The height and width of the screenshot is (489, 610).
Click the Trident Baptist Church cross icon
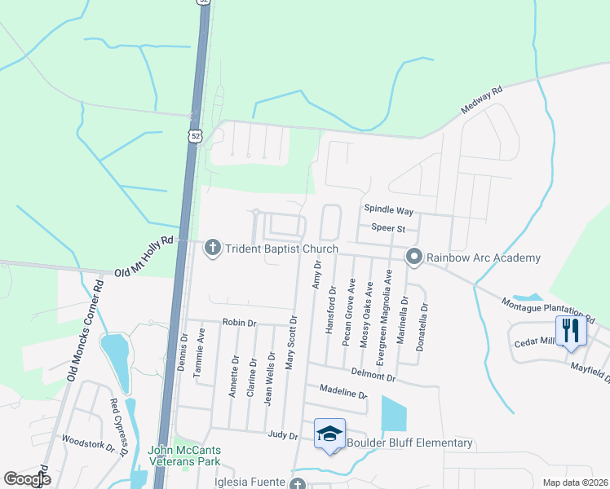(213, 248)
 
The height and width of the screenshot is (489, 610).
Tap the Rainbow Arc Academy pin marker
(414, 258)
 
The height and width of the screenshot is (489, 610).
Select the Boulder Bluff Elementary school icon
(330, 434)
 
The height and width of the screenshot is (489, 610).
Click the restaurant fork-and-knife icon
(571, 331)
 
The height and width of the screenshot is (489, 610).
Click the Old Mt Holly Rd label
(145, 257)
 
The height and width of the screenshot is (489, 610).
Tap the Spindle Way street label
(388, 210)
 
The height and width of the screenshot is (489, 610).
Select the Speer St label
(388, 228)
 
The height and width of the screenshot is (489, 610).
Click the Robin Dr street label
(239, 323)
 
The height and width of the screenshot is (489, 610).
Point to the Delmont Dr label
(373, 373)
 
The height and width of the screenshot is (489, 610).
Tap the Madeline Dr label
(343, 393)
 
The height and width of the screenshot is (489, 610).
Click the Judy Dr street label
(281, 435)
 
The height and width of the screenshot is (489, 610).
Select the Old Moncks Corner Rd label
(84, 330)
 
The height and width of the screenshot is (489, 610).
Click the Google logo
(27, 479)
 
